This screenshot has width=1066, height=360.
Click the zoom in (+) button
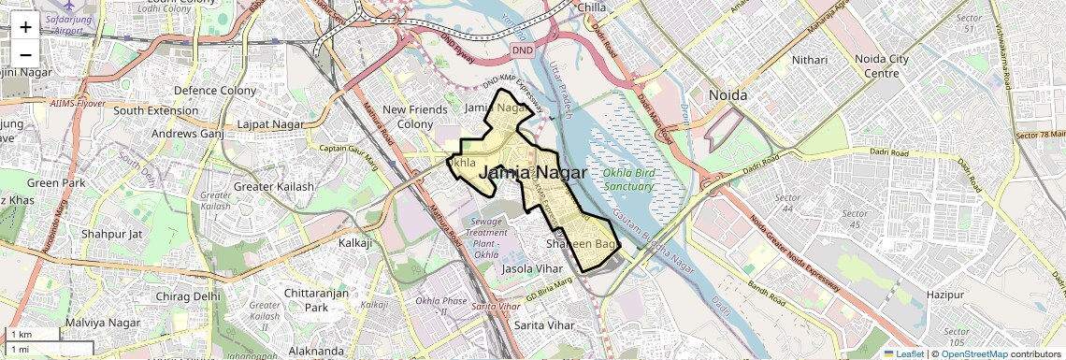tap(25, 27)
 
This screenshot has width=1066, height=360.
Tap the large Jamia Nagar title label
tap(532, 173)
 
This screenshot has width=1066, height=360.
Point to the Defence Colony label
tap(215, 91)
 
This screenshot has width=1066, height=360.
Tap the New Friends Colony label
tap(415, 117)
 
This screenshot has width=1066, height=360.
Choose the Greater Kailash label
tap(274, 186)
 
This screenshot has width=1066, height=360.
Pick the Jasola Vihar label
tap(532, 268)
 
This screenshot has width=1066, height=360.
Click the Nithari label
tap(810, 60)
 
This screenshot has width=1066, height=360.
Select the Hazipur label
tap(944, 295)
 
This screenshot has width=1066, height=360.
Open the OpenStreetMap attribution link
tap(973, 353)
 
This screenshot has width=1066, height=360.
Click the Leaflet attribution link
tap(904, 353)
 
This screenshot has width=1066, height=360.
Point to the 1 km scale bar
tap(32, 334)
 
